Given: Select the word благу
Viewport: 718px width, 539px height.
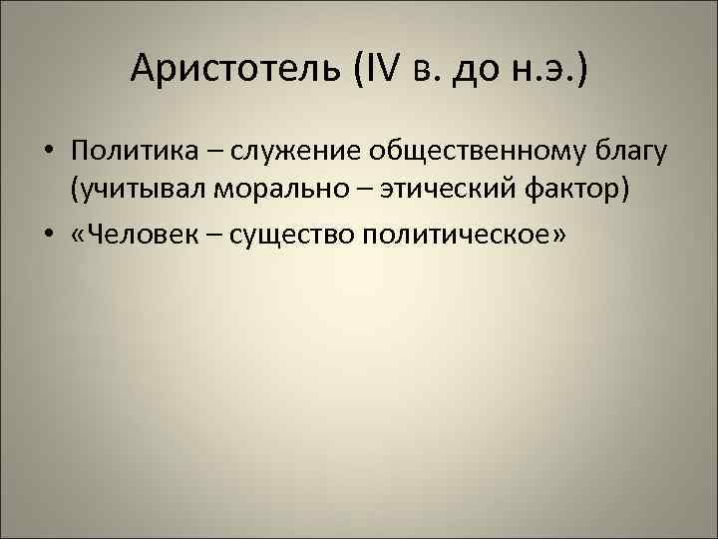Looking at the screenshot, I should tap(633, 152).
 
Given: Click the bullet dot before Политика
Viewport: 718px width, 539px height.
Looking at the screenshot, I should tap(48, 153).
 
